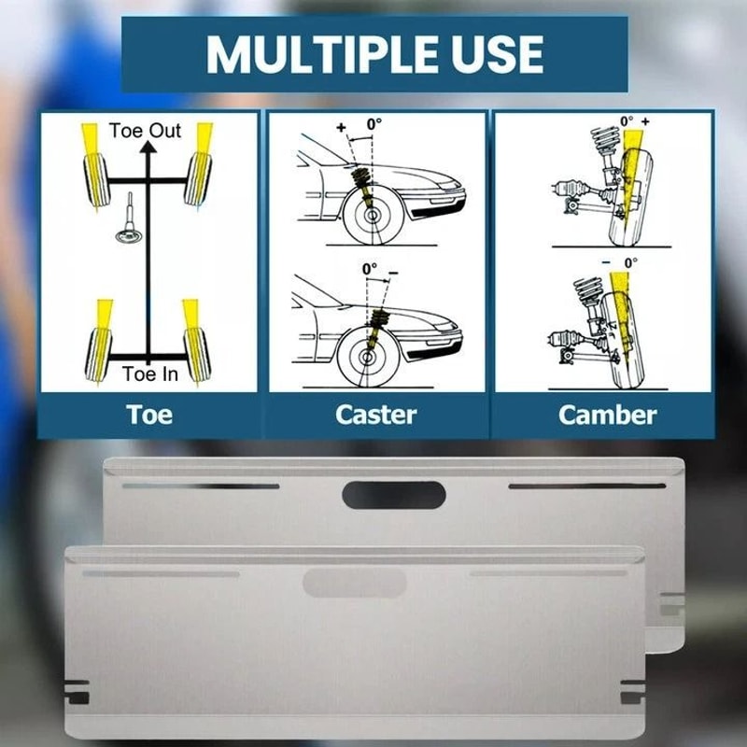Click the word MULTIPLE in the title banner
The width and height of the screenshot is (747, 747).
(x=321, y=54)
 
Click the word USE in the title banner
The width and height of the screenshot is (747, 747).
(x=498, y=54)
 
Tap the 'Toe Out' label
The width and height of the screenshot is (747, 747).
(x=145, y=131)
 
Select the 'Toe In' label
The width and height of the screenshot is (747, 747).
(x=150, y=374)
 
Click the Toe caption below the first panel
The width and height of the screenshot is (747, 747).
(x=149, y=415)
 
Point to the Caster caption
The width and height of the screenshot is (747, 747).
(x=376, y=415)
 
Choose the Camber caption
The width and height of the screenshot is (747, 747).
(x=608, y=415)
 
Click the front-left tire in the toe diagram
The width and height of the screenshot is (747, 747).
(x=97, y=180)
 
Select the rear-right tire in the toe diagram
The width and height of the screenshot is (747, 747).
(x=197, y=355)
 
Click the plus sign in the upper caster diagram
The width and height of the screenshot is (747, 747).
(x=341, y=127)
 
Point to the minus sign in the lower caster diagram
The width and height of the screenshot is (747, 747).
(x=393, y=273)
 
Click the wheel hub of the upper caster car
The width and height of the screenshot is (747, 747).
(x=372, y=216)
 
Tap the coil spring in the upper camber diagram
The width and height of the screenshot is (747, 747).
(x=604, y=139)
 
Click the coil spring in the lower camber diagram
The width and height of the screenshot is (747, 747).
(x=587, y=290)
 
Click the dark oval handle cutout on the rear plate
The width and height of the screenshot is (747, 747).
(x=394, y=495)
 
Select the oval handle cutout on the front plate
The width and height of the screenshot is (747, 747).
(x=355, y=583)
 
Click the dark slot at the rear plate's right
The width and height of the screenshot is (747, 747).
(x=587, y=486)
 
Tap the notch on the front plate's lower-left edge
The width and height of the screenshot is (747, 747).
(x=77, y=692)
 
